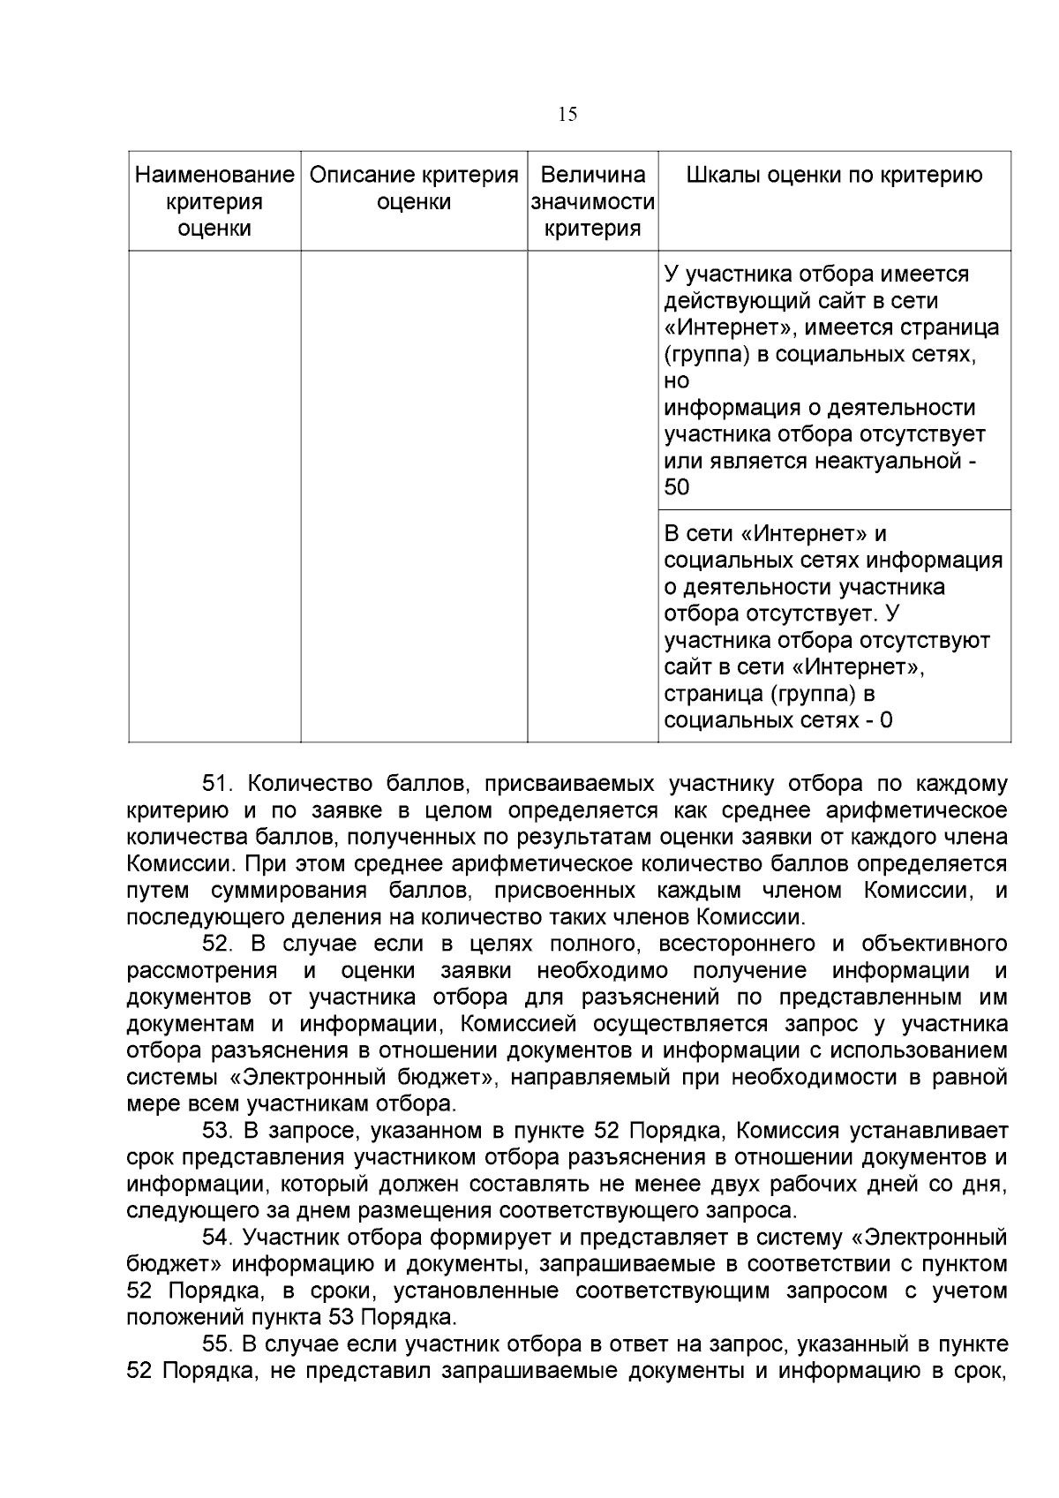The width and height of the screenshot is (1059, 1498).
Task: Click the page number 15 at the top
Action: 567,115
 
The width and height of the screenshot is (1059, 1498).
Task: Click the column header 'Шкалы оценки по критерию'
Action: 834,175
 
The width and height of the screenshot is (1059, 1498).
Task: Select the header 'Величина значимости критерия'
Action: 592,201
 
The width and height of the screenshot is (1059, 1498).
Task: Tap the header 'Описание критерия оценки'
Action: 414,188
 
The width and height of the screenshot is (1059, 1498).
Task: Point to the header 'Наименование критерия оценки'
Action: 214,201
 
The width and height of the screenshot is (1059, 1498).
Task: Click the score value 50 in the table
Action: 677,487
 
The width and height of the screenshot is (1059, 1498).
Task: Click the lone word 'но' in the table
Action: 676,381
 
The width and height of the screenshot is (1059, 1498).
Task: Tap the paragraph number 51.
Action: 218,784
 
